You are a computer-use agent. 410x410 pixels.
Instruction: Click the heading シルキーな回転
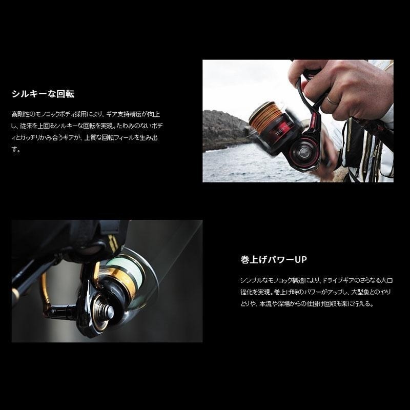pyautogui.click(x=43, y=94)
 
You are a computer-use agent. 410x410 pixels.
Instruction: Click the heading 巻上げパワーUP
pyautogui.click(x=273, y=260)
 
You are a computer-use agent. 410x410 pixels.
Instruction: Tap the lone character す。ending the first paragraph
pyautogui.click(x=15, y=151)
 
